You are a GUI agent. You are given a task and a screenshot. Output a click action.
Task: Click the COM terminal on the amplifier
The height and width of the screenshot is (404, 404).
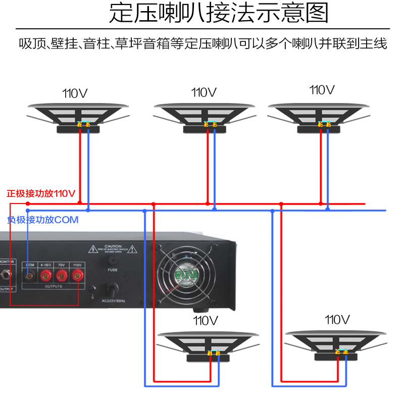click(30, 276)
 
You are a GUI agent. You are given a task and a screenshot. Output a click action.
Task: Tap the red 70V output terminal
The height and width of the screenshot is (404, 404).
click(62, 276)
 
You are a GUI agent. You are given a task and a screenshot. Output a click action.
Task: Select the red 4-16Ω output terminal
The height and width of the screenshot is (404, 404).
click(46, 276)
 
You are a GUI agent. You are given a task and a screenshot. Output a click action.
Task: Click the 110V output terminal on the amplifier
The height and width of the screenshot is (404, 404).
click(77, 276)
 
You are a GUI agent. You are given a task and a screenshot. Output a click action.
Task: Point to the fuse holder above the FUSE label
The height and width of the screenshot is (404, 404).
click(112, 259)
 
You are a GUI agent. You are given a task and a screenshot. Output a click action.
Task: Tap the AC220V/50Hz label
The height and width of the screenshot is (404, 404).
click(113, 300)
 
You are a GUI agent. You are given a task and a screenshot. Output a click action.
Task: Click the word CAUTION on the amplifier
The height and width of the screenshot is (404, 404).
click(113, 246)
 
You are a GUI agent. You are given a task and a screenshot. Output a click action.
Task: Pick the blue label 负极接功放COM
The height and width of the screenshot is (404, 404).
click(43, 220)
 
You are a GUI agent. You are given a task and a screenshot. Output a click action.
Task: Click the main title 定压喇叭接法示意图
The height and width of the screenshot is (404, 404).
click(219, 14)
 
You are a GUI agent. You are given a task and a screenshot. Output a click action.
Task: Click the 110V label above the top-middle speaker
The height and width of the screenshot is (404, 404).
click(204, 93)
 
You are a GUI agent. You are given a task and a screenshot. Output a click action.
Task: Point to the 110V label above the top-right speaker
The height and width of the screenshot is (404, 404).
click(322, 90)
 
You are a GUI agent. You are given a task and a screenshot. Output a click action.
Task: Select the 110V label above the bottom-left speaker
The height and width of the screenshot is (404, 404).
click(205, 320)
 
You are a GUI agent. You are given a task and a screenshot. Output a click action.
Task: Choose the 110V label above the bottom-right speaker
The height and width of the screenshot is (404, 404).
click(337, 319)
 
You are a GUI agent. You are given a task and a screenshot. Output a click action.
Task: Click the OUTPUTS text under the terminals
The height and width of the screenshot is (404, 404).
click(54, 286)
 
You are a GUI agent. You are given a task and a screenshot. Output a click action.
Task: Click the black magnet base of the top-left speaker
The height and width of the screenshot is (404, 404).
click(78, 129)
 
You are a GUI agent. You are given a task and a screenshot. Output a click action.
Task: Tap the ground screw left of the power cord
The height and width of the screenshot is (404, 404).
click(92, 290)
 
